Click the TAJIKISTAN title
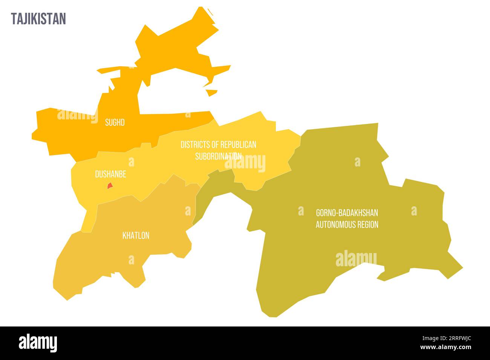(38, 19)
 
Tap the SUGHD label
(115, 122)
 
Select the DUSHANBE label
(110, 174)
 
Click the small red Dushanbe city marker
(110, 186)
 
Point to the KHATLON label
(136, 236)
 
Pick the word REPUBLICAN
(238, 145)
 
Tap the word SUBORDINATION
(218, 156)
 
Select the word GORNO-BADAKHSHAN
(347, 213)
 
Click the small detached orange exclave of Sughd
(212, 92)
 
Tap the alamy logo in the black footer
(38, 343)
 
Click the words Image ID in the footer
(422, 339)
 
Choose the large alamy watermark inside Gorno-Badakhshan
(356, 259)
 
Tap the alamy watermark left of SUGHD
(77, 115)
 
